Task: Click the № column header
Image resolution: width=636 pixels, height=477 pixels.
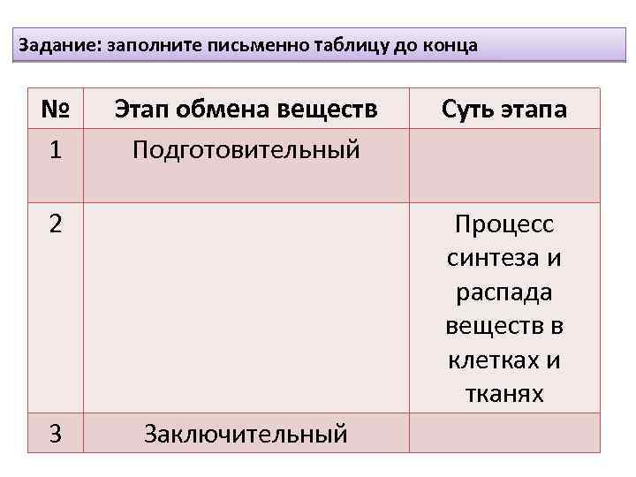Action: click(x=56, y=110)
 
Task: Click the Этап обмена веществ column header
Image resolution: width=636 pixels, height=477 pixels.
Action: click(x=246, y=110)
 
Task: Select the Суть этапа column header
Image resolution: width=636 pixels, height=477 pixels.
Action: click(x=504, y=110)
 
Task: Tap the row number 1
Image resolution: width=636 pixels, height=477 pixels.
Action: click(x=56, y=149)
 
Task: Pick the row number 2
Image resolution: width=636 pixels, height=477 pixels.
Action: click(x=56, y=224)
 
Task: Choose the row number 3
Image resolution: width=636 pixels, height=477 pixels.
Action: click(x=56, y=433)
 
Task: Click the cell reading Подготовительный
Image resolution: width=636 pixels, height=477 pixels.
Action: click(x=246, y=149)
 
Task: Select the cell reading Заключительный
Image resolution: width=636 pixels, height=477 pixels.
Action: click(x=246, y=434)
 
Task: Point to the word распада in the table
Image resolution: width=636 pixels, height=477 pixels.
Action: click(x=504, y=292)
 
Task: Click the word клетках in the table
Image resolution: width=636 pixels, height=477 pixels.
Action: click(x=496, y=360)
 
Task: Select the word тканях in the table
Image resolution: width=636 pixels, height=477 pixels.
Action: click(x=504, y=394)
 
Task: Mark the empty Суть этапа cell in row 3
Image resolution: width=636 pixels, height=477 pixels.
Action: click(x=504, y=433)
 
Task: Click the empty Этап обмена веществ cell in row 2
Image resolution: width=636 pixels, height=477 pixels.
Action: click(x=246, y=308)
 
